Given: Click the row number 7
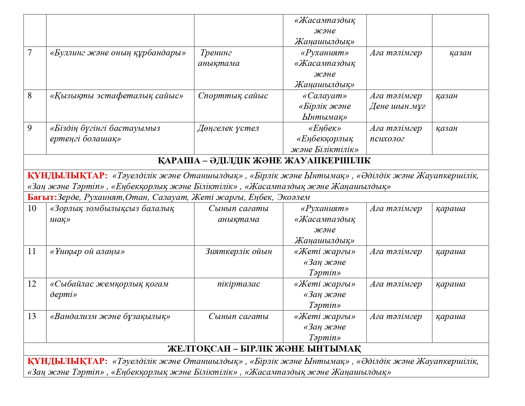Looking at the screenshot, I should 30,53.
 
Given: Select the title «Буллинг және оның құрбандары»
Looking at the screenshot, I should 118,53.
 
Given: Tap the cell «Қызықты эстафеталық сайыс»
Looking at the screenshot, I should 116,96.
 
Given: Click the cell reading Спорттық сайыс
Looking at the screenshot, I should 233,96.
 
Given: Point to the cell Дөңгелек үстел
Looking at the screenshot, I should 228,128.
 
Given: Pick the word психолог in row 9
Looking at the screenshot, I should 387,139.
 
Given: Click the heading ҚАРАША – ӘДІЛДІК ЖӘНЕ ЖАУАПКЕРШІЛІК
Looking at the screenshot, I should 264,160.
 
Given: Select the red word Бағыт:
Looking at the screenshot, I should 42,197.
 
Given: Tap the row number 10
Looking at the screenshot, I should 32,208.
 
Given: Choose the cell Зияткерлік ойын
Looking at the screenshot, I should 238,251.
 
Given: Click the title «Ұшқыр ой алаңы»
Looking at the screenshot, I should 87,251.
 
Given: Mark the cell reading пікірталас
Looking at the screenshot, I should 238,284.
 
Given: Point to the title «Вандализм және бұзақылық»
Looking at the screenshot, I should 110,316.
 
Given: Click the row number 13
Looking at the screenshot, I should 32,316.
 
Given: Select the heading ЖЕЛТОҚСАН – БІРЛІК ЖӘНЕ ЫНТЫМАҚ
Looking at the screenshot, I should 264,349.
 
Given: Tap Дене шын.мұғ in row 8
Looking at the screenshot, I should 397,106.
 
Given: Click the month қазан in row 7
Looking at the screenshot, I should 460,53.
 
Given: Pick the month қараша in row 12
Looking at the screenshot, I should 450,284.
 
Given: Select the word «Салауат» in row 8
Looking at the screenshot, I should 325,96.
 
